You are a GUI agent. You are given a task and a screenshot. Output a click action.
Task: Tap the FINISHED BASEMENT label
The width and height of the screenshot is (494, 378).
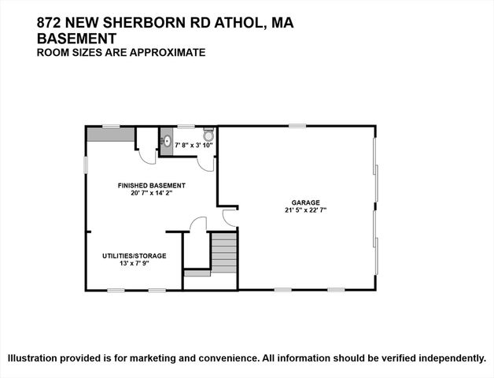point(152,186)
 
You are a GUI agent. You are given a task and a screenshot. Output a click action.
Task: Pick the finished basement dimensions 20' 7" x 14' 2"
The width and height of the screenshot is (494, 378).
point(152,194)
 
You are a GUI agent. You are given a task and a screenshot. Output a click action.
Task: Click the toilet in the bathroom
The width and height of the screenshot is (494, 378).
point(208,135)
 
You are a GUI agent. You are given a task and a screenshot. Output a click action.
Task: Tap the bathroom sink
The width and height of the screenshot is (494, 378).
point(167,143)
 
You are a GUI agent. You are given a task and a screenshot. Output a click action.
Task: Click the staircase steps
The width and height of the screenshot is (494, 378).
point(225,252)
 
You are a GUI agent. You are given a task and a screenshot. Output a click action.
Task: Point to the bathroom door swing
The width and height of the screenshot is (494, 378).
point(205,161)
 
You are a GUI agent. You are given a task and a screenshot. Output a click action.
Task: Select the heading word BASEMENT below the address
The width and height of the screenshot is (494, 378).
point(77,38)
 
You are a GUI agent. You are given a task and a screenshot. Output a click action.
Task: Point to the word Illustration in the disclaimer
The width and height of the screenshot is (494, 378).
point(38,358)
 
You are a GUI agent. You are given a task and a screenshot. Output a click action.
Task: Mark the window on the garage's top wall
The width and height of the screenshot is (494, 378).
point(297,126)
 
